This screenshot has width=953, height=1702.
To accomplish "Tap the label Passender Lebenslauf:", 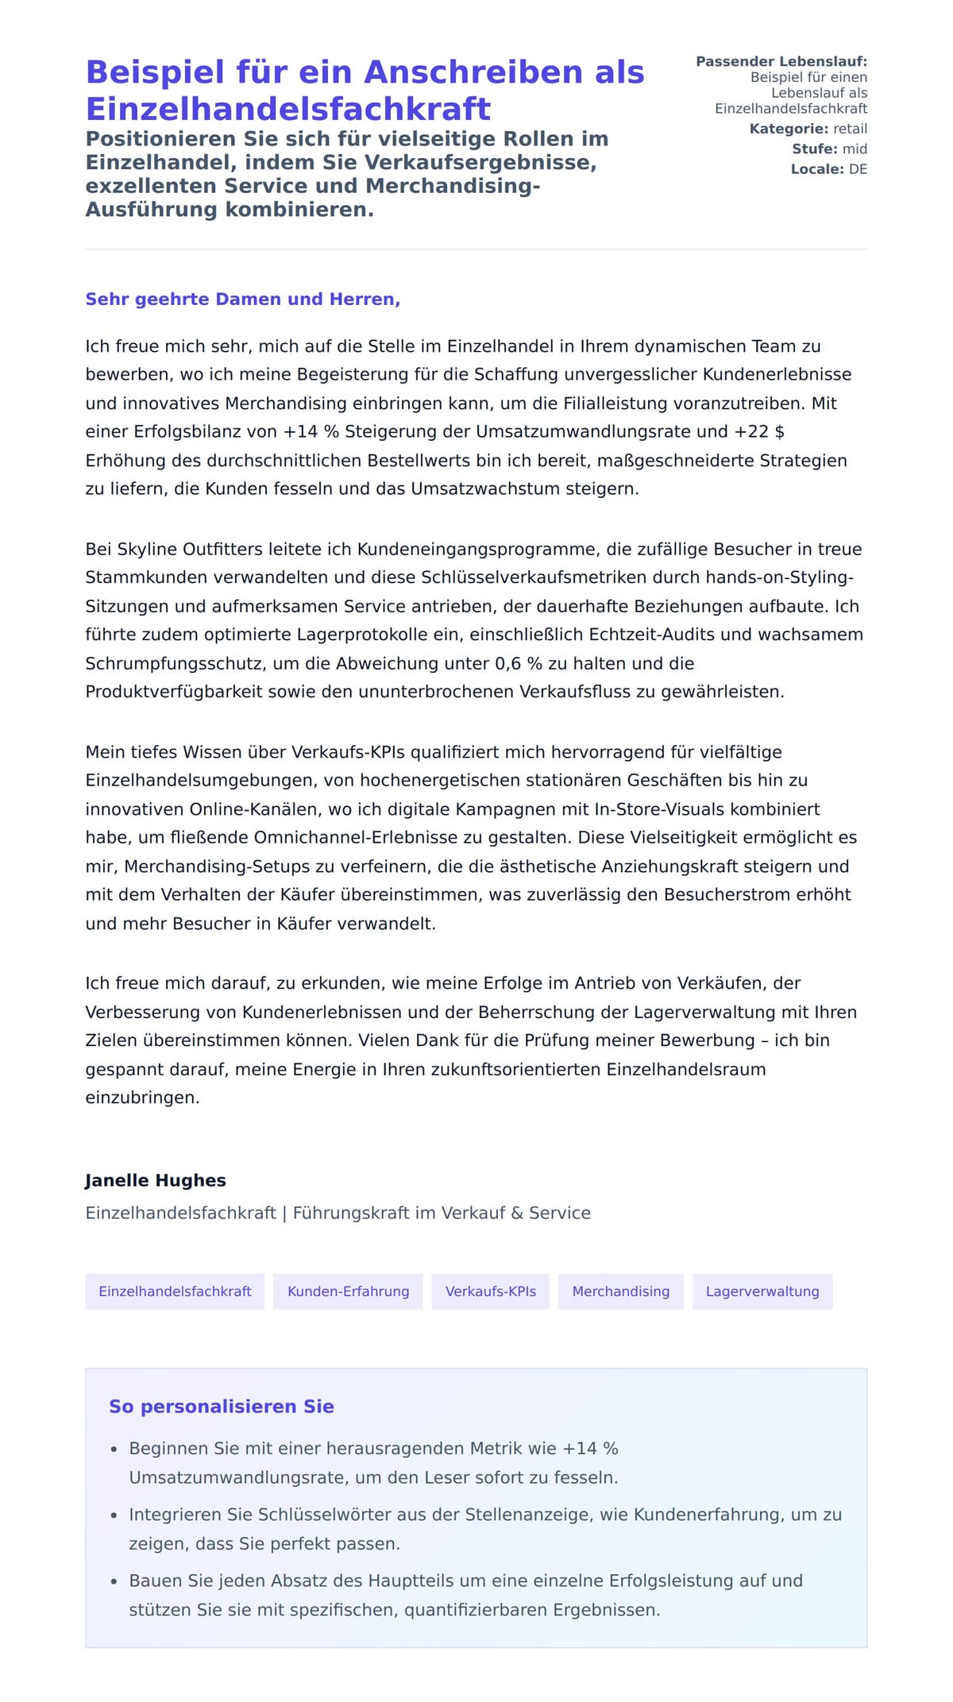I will pos(781,61).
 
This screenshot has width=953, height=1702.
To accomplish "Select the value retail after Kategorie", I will pos(850,129).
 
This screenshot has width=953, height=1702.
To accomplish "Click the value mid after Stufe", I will pos(855,149).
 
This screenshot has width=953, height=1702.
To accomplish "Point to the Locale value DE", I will pos(858,169).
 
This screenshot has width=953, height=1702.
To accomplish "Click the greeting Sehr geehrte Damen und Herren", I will pos(242,299).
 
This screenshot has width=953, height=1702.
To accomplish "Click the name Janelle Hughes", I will pos(156,1180).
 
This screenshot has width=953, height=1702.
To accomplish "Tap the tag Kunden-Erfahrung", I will pos(348,1291).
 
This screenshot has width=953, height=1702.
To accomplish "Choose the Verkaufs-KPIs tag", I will pos(490,1291).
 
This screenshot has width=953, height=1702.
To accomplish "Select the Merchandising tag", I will pos(620,1291).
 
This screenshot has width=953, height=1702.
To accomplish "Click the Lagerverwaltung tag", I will pos(762,1291).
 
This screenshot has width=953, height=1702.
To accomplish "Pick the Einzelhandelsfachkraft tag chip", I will pos(175,1291).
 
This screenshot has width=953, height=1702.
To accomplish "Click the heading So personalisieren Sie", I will pos(222,1407).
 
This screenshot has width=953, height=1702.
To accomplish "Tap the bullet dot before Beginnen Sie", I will pos(114,1449).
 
